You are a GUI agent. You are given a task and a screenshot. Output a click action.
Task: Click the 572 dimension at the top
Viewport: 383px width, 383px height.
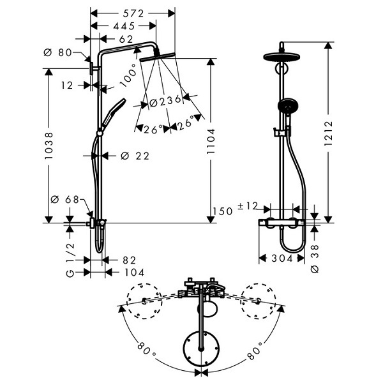[x=133, y=14]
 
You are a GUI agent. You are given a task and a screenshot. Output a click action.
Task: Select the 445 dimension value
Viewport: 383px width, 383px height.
[x=124, y=26]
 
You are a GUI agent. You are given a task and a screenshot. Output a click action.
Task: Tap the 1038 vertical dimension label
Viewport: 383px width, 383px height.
[x=49, y=146]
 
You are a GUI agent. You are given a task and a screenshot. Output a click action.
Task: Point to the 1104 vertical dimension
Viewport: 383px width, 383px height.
[x=211, y=141]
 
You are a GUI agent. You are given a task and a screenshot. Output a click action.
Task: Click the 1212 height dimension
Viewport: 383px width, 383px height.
[x=329, y=133]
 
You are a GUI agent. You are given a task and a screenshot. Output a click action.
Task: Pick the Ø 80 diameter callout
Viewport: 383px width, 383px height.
[x=57, y=52]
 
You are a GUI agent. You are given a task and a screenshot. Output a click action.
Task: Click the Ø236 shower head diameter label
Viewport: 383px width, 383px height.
[x=165, y=101]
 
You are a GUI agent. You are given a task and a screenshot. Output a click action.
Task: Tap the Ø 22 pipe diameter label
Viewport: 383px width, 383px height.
[x=135, y=156]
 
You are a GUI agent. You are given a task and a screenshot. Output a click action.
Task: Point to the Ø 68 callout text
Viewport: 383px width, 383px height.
[x=64, y=200]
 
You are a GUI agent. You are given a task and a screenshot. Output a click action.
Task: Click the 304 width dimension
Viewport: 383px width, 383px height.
[x=282, y=258]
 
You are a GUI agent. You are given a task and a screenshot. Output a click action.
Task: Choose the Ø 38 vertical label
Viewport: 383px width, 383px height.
[x=315, y=259]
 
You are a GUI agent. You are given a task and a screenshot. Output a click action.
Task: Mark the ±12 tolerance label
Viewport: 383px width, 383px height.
[x=248, y=206]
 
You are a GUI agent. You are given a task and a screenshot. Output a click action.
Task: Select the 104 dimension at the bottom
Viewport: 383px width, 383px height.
[x=135, y=273]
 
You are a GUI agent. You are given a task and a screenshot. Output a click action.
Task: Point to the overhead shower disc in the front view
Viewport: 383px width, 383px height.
[x=282, y=57]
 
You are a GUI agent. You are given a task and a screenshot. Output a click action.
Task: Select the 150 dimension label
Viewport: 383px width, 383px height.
[x=223, y=211]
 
